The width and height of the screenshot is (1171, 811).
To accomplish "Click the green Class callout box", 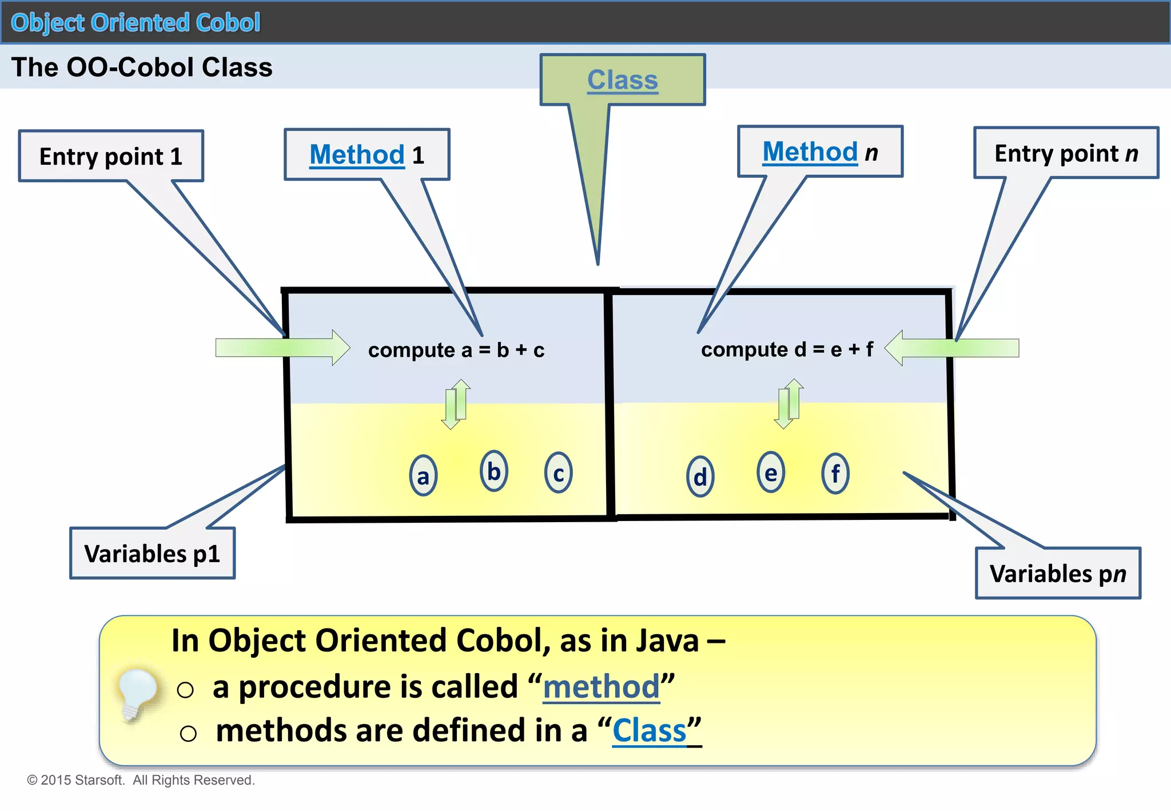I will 623,80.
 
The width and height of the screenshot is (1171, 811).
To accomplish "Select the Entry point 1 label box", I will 111,156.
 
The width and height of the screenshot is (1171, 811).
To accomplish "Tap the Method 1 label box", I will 367,154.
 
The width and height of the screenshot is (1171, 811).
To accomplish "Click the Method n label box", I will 820,152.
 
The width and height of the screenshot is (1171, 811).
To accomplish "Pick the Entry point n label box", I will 1066,153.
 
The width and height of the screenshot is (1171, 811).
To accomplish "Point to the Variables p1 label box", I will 152,554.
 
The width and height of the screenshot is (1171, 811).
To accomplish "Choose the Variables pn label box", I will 1058,573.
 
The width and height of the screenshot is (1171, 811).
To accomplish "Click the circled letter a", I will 423,476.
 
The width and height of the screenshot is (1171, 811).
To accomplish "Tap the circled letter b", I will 494,471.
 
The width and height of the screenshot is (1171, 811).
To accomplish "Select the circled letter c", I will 559,473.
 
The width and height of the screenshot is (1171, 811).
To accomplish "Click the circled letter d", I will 700,476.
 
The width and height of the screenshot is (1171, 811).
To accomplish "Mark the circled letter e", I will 771,472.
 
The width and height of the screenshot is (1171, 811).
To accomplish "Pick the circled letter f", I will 835,473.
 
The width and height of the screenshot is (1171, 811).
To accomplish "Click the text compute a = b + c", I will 456,349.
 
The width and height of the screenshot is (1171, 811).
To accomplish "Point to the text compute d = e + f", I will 787,349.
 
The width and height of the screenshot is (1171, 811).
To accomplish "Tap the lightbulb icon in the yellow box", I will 136,693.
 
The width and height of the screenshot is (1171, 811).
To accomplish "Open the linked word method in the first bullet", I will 601,686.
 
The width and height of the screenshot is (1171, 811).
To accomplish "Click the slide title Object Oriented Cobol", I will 136,23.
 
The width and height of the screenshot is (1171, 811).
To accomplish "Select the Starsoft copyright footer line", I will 141,780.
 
